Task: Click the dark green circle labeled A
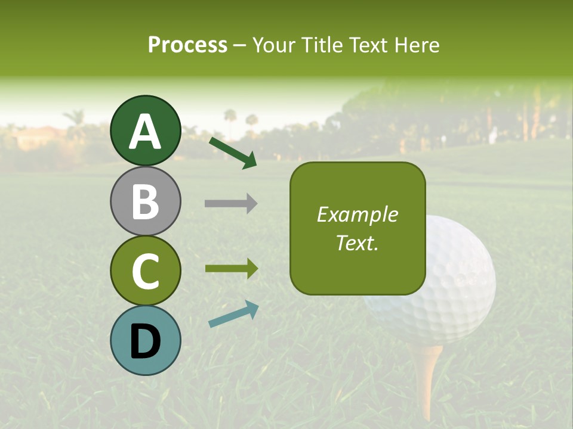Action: point(146,130)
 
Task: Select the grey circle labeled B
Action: point(146,201)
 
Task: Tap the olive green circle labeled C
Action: point(146,271)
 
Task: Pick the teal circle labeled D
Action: point(146,340)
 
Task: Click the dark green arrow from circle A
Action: point(233,153)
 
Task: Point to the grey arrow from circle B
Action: point(231,204)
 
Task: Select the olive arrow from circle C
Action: point(231,268)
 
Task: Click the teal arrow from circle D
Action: point(233,314)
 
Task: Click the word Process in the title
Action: point(187,45)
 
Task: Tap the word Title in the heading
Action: point(322,45)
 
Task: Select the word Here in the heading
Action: point(416,45)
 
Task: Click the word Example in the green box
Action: point(357,214)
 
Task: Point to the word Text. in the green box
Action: point(357,243)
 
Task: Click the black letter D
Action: point(146,341)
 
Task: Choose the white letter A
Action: point(146,132)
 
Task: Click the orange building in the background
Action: point(39,139)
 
